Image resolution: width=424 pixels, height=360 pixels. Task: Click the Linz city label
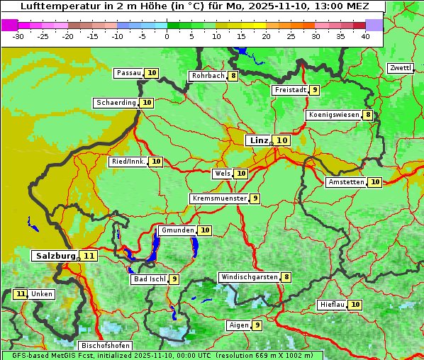(x=258, y=140)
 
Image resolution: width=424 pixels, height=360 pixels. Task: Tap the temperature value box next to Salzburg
(x=89, y=256)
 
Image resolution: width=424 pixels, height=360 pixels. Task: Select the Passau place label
(x=128, y=73)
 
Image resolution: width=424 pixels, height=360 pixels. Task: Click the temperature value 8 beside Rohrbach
(x=233, y=76)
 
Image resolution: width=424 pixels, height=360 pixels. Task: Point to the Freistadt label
(x=289, y=90)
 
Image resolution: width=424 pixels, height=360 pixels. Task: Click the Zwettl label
(x=400, y=68)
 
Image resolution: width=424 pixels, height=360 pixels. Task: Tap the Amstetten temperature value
(x=375, y=182)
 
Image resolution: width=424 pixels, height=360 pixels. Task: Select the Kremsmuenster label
(x=219, y=198)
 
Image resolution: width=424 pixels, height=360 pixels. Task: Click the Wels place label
(x=222, y=174)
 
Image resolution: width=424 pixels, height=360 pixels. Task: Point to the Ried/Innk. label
(x=128, y=162)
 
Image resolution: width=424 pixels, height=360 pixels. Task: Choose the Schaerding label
(x=116, y=103)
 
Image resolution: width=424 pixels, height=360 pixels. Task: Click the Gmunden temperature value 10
(x=205, y=230)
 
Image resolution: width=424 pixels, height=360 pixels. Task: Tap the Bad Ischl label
(x=148, y=279)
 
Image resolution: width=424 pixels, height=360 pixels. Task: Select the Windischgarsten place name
(x=248, y=277)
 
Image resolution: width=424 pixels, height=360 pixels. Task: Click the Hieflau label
(x=332, y=305)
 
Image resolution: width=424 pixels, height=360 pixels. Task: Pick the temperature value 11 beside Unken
(x=21, y=294)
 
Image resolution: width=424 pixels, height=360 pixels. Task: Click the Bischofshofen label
(x=104, y=346)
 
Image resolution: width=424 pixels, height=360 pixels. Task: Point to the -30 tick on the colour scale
(x=18, y=36)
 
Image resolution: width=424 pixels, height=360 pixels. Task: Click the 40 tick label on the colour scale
(x=365, y=36)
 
